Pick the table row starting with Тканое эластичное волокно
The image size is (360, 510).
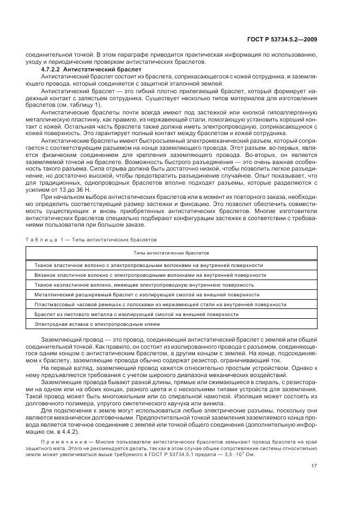148,265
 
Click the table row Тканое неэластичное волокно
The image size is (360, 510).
144,285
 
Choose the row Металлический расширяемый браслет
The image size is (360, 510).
147,295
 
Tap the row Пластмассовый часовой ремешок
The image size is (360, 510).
160,305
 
